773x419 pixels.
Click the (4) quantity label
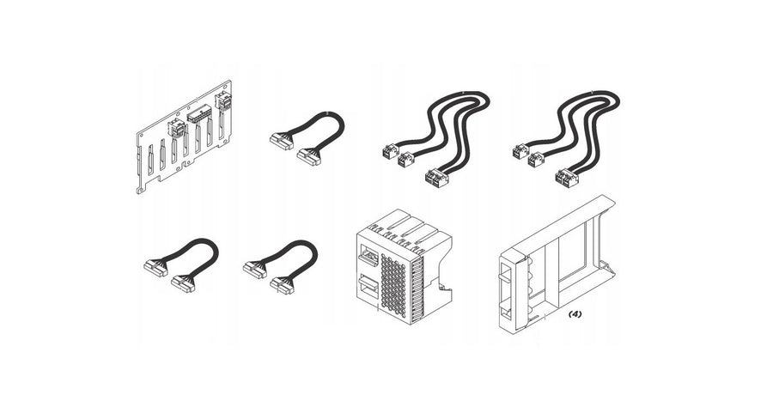(x=575, y=314)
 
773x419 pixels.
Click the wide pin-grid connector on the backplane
(x=199, y=116)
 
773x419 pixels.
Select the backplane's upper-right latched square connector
(x=222, y=101)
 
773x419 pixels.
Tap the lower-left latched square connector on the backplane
(x=176, y=128)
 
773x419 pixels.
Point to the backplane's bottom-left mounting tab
(x=142, y=188)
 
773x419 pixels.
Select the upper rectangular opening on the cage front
(x=368, y=257)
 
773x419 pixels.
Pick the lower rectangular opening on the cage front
(x=368, y=287)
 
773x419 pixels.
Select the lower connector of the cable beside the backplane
(x=308, y=157)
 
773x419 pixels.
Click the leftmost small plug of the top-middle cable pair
(x=390, y=150)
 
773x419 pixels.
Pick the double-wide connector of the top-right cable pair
(x=567, y=178)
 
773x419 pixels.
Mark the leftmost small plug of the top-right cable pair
(x=520, y=151)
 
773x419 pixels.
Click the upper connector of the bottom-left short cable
(x=155, y=267)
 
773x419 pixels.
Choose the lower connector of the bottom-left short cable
(x=183, y=284)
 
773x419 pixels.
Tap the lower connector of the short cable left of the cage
(x=282, y=286)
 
